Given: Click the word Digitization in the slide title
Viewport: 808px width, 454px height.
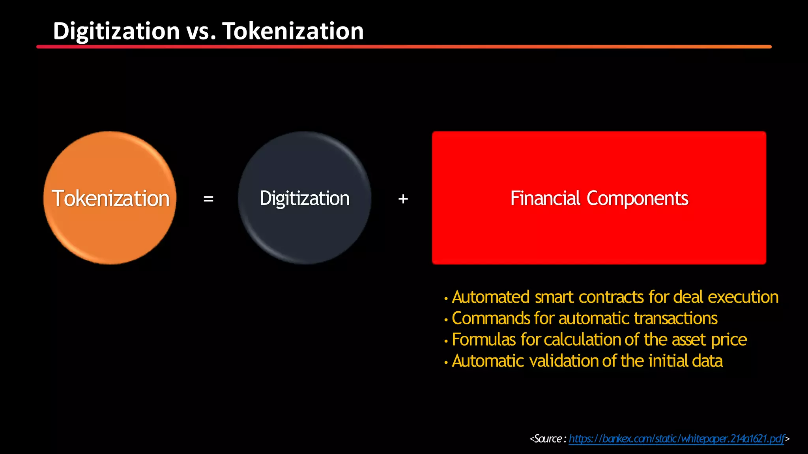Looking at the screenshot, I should point(116,31).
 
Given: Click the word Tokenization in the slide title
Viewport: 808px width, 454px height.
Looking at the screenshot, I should point(293,31).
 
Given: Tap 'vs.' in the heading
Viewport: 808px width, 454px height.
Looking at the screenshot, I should point(201,32).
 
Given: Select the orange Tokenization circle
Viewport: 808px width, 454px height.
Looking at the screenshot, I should point(110,229).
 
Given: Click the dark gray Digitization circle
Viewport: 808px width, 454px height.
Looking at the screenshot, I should point(304,233).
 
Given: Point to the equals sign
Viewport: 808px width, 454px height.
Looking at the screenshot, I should point(208,199).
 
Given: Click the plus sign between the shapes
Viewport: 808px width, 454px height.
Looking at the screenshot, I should point(403,199).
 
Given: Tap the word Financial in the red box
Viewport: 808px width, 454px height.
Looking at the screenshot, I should point(545,198).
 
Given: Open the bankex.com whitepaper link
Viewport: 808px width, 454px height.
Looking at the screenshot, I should point(676,439).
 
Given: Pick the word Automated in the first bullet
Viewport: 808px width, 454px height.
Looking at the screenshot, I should point(490,297).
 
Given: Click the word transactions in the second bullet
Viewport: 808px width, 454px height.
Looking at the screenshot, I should point(675,318).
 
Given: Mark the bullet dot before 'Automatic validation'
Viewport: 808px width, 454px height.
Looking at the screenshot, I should point(446,362).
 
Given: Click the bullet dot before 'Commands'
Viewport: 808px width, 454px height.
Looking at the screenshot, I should point(446,320).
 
